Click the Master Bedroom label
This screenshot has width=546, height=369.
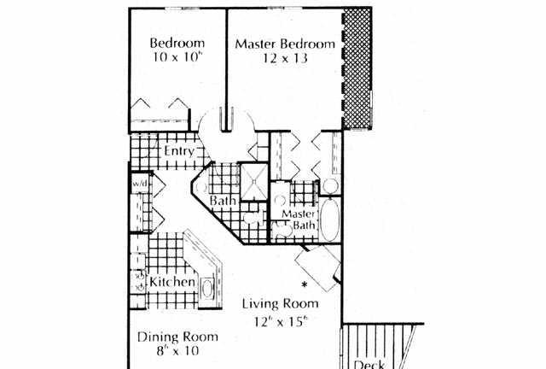pos(285,44)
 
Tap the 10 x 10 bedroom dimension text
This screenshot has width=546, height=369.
pos(177,56)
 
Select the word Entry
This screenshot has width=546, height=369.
pos(179,152)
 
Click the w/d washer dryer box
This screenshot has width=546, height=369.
pos(140,183)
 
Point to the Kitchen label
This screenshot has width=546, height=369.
pos(172,282)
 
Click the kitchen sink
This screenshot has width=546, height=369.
pos(207,289)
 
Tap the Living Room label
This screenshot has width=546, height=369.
pos(281,303)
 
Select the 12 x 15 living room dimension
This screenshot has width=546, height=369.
pos(281,321)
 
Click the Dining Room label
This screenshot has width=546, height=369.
pos(177,337)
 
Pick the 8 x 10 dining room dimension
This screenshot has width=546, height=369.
pos(177,350)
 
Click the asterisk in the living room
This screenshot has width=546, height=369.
pos(305,284)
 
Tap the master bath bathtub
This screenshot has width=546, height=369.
pos(330,220)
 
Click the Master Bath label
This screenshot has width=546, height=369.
pos(299,220)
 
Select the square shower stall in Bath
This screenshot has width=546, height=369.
pos(254,181)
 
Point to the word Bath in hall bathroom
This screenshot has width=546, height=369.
pos(223,201)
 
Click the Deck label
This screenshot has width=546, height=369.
pos(369,365)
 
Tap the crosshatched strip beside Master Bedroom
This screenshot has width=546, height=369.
pos(357,68)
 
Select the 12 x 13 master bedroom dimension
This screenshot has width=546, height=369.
pos(285,57)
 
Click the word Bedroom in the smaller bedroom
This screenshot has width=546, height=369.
pos(177,43)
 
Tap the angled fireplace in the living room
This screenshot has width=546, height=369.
pos(318,268)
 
